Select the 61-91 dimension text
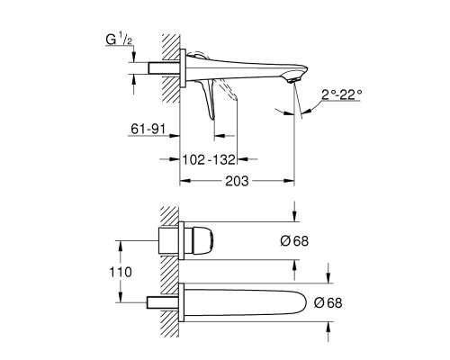[147, 131]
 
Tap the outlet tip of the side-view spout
[293, 81]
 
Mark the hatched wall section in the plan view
[170, 270]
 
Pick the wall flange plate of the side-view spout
[183, 69]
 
